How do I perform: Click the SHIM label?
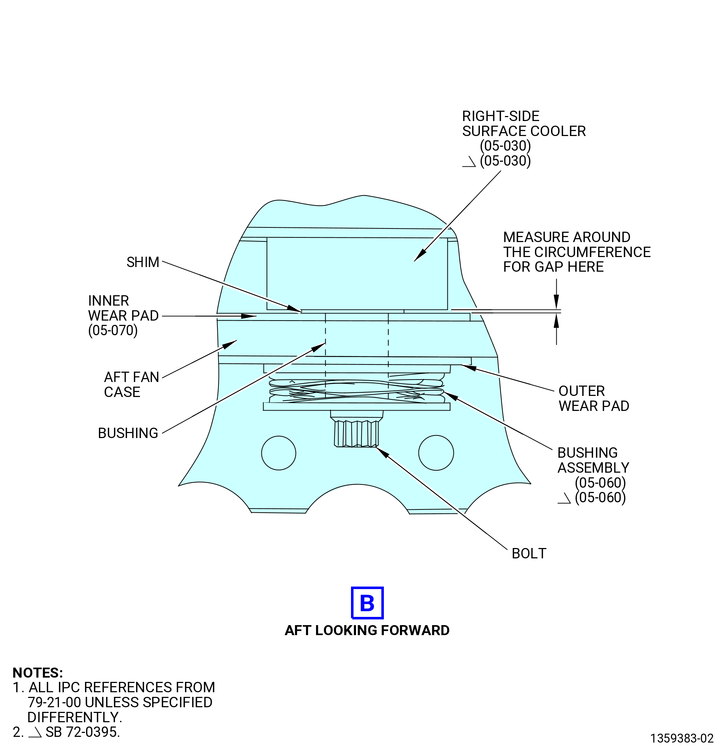point(142,262)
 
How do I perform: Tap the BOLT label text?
point(528,554)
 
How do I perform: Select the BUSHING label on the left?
point(128,433)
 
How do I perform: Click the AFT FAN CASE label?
point(131,385)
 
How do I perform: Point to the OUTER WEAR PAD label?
point(593,398)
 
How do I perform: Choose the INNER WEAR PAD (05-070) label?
point(123,316)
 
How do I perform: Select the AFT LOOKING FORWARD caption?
point(367,630)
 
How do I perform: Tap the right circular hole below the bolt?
point(436,453)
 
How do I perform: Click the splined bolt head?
point(356,433)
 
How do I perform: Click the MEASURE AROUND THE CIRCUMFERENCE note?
point(577,252)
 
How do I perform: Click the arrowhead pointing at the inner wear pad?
point(249,316)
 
